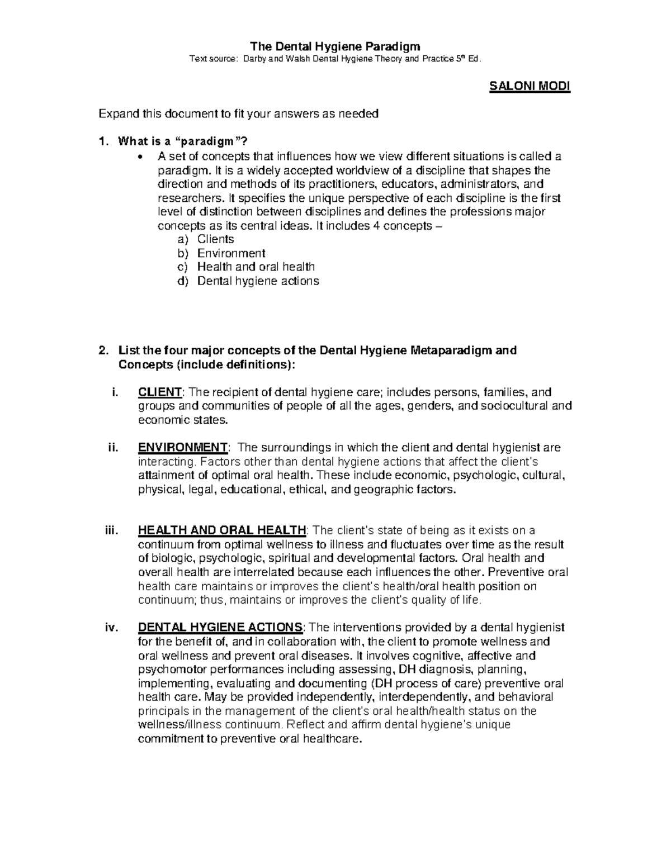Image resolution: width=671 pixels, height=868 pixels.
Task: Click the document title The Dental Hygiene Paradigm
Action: pyautogui.click(x=335, y=46)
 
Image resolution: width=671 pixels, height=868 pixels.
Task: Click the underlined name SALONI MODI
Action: pyautogui.click(x=530, y=87)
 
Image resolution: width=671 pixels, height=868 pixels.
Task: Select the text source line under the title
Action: pyautogui.click(x=335, y=59)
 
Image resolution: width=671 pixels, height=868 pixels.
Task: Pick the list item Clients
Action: pyautogui.click(x=215, y=239)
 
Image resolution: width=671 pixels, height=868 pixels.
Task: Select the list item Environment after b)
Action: pyautogui.click(x=231, y=253)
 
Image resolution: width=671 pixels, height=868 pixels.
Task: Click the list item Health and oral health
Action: pyautogui.click(x=256, y=267)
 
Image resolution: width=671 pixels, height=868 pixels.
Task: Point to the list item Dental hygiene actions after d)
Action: pyautogui.click(x=258, y=281)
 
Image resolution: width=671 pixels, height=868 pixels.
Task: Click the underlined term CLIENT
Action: pyautogui.click(x=159, y=392)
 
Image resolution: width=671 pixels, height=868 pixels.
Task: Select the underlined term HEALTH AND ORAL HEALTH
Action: pyautogui.click(x=222, y=530)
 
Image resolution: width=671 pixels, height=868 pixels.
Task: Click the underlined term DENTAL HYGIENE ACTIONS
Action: pyautogui.click(x=220, y=628)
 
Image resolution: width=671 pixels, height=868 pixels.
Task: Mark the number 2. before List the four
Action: pyautogui.click(x=102, y=350)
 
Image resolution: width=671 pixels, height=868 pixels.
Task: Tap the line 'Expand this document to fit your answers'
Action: pyautogui.click(x=239, y=114)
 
